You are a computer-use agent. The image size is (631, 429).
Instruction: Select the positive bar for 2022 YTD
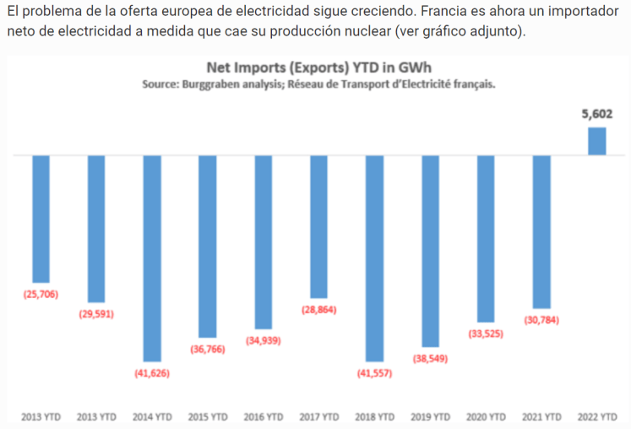tap(597, 141)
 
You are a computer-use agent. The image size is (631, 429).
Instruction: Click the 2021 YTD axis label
tap(541, 416)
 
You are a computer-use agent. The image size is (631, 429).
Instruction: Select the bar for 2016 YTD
tap(264, 242)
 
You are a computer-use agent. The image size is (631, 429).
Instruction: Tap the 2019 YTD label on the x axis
tap(430, 416)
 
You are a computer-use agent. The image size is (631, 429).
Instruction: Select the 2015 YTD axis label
tap(208, 416)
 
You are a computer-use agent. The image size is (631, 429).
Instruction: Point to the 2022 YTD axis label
tap(597, 416)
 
